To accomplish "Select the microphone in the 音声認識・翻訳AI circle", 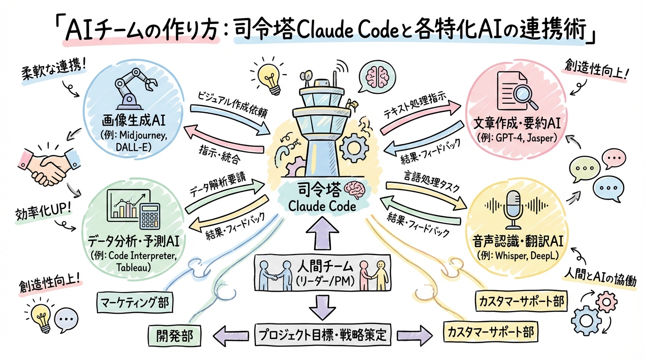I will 516,206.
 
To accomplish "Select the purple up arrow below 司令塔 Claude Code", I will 322,232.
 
